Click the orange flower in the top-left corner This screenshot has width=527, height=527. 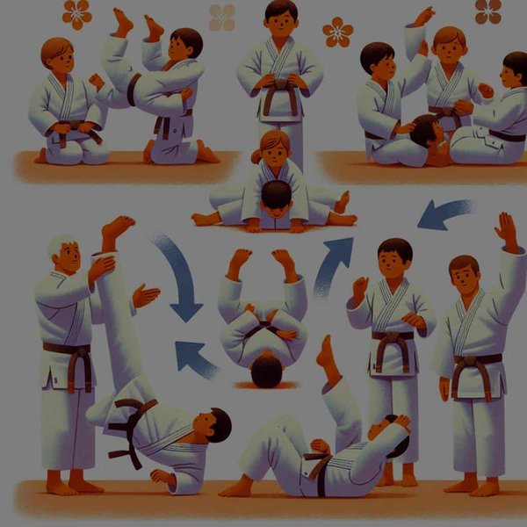click(x=77, y=13)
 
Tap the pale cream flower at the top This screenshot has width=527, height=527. click(x=221, y=18)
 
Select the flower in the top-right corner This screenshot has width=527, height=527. click(x=488, y=11)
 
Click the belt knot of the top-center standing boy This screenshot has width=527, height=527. click(x=281, y=88)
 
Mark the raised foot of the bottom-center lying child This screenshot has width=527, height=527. click(x=326, y=351)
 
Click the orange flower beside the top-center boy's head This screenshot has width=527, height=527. click(x=337, y=32)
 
